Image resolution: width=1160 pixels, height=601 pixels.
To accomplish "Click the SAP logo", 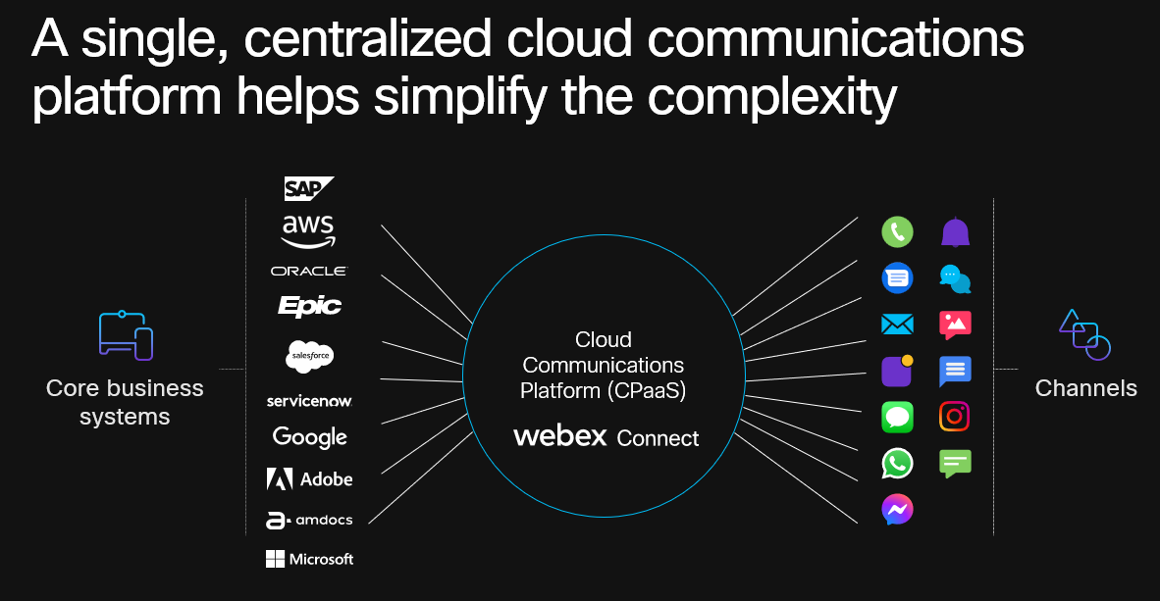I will [x=309, y=188].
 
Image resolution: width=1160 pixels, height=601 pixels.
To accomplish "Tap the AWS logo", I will [x=308, y=231].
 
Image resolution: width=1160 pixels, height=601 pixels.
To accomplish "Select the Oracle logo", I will [x=308, y=271].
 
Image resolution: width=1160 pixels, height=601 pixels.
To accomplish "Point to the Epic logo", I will [x=309, y=306].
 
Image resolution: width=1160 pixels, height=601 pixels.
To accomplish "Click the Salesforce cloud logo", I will [x=310, y=357].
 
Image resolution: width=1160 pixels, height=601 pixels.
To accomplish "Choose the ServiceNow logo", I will [x=309, y=401].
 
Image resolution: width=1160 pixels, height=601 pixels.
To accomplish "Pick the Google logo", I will [x=309, y=437].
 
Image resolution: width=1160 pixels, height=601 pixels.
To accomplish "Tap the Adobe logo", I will [x=309, y=479].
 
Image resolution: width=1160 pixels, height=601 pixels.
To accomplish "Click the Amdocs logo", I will [x=309, y=521].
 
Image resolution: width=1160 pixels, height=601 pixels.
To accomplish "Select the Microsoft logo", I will [x=309, y=559].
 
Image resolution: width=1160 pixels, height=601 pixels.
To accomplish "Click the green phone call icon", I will [x=897, y=232].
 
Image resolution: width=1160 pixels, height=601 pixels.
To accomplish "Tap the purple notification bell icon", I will [x=955, y=232].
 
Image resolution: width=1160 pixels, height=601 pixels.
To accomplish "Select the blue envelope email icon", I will [x=897, y=325].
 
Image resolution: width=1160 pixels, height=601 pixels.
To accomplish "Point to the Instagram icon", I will [x=955, y=417].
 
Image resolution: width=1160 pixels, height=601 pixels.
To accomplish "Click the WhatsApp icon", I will [x=897, y=463].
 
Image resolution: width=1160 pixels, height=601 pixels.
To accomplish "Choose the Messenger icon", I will [x=897, y=509].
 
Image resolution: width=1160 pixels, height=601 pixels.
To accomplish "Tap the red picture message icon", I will [x=955, y=325].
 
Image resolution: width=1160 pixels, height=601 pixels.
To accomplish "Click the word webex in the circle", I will [x=560, y=436].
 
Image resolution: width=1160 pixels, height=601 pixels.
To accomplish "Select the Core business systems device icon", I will [x=126, y=335].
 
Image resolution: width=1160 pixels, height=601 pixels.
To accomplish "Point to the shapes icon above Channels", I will [x=1084, y=334].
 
